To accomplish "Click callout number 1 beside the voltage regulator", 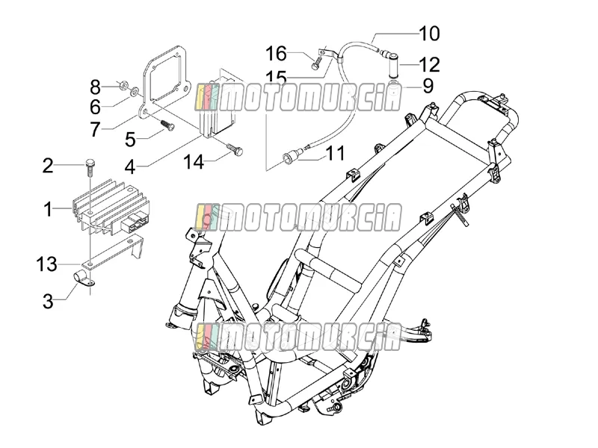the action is pos(48,209).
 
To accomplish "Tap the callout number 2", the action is pos(48,166).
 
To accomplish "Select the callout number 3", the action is pos(48,301).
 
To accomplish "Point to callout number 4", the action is pos(130,167).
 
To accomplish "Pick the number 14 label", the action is pos(194,162).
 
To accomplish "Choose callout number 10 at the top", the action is pos(429,34).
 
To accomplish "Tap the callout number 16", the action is pos(276,53).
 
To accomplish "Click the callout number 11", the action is pos(335,153).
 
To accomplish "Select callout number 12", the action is pos(430,65).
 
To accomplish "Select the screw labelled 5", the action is pos(167,125).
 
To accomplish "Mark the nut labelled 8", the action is pos(123,85).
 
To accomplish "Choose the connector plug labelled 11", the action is pos(293,156).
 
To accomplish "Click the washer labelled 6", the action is pos(134,92).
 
